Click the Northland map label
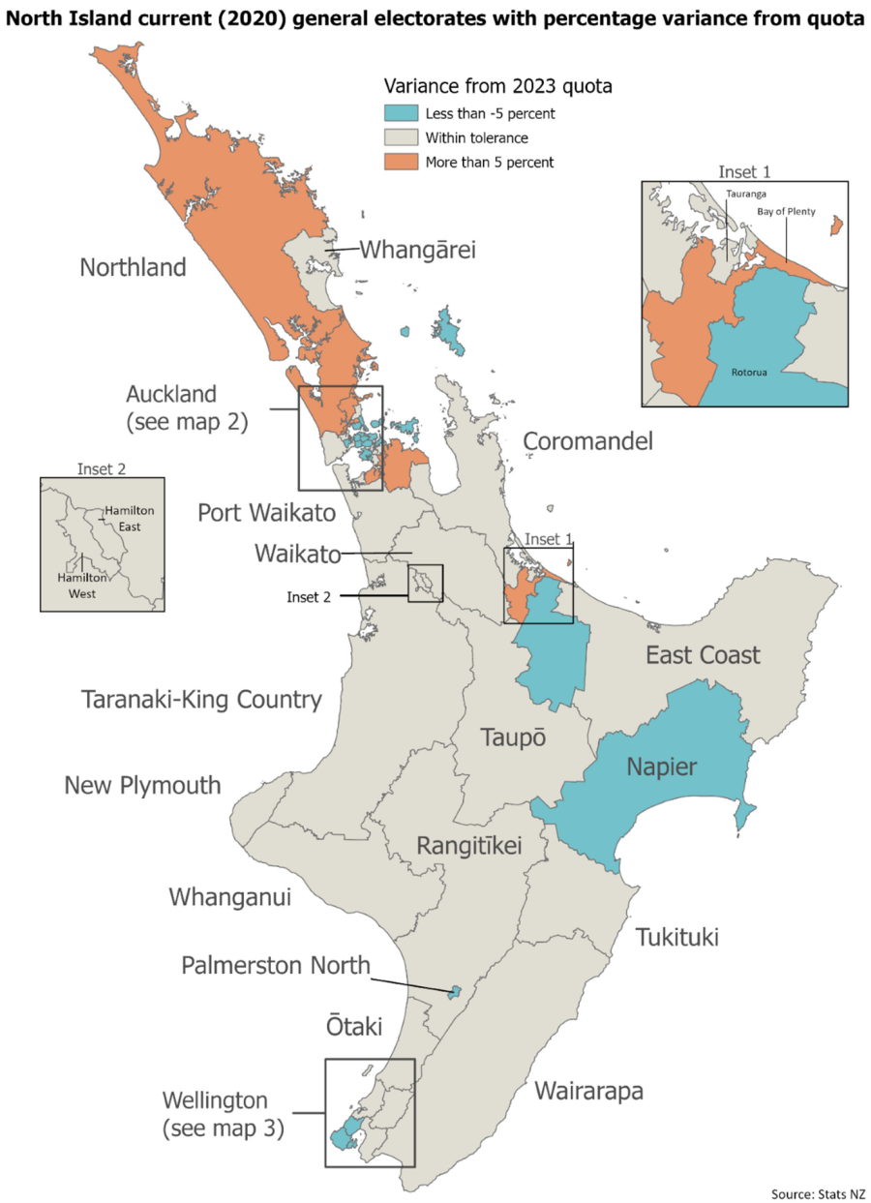[133, 267]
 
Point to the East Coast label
[703, 655]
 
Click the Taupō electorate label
[514, 737]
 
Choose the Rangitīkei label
[468, 845]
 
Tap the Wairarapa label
[588, 1092]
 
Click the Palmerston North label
[276, 965]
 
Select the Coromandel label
[587, 441]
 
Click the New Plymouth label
[142, 784]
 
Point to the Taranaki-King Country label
[201, 699]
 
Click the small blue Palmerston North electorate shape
[453, 992]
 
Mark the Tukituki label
[677, 937]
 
